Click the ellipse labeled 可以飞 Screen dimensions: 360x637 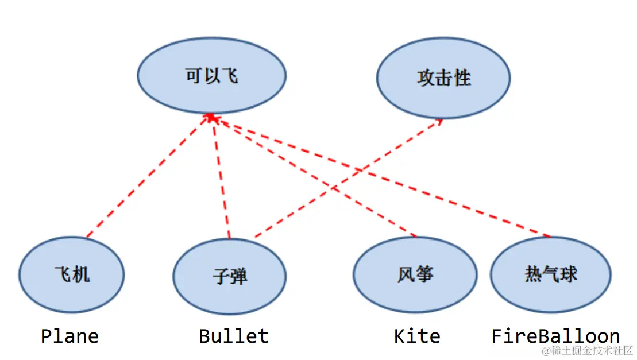click(x=211, y=76)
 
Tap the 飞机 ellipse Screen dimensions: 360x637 click(x=71, y=274)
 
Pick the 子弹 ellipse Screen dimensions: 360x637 click(x=229, y=277)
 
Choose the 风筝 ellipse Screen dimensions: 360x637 click(x=414, y=274)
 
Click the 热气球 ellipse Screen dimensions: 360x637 click(x=550, y=273)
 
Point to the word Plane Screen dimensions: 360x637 click(x=70, y=336)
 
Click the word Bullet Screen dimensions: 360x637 click(x=233, y=336)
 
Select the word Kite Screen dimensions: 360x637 click(x=417, y=336)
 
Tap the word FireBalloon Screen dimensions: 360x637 click(x=555, y=336)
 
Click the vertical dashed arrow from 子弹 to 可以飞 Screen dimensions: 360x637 click(x=221, y=178)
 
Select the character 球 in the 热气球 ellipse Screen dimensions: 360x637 click(x=568, y=273)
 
